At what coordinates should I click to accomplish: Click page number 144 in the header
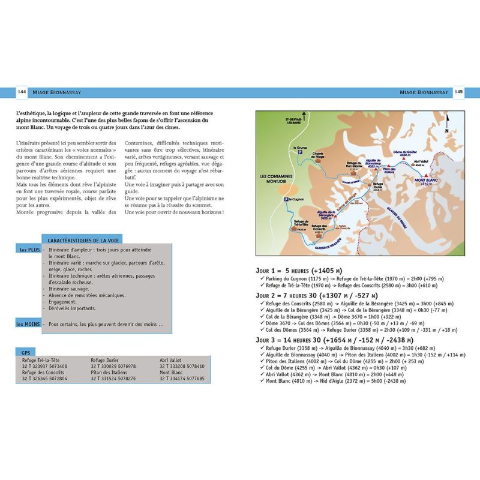[x=22, y=92]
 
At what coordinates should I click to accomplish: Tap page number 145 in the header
[x=458, y=92]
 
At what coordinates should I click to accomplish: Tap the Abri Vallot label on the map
[x=421, y=161]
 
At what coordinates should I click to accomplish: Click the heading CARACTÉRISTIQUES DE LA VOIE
[x=85, y=240]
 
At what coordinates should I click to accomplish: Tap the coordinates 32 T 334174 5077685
[x=182, y=379]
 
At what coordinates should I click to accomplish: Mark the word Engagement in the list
[x=61, y=302]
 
